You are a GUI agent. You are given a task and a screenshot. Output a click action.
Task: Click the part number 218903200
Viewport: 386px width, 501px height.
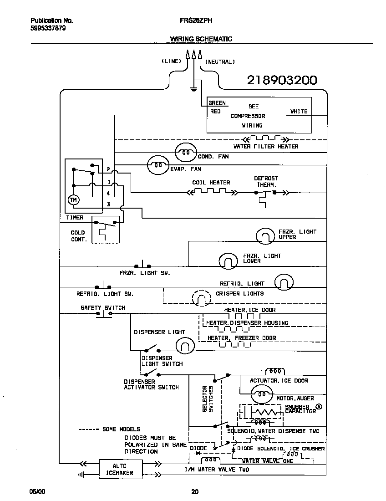[x=282, y=80]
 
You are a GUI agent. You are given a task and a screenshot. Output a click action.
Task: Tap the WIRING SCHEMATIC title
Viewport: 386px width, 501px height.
[x=201, y=39]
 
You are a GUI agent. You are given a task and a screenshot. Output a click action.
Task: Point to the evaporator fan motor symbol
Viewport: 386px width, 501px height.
[x=157, y=165]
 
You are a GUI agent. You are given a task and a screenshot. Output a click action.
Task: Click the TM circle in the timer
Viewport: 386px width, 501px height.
[x=73, y=199]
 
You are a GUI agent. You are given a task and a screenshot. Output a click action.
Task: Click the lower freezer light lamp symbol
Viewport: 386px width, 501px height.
[x=229, y=261]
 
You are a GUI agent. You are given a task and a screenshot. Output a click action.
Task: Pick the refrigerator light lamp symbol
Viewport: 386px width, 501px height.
[x=284, y=283]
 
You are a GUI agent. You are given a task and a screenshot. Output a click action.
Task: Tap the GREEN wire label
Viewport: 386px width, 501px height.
[x=217, y=103]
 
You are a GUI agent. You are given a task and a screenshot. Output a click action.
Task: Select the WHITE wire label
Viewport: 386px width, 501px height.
[x=299, y=111]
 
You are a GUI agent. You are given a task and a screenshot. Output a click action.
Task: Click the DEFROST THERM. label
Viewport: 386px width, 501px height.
[x=266, y=182]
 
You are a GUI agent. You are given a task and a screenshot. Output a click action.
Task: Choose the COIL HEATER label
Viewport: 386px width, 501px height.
[x=211, y=183]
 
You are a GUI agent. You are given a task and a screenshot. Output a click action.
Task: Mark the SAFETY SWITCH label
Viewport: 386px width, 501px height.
[x=103, y=307]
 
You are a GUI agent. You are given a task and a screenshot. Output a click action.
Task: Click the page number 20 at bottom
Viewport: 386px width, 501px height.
[x=194, y=491]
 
